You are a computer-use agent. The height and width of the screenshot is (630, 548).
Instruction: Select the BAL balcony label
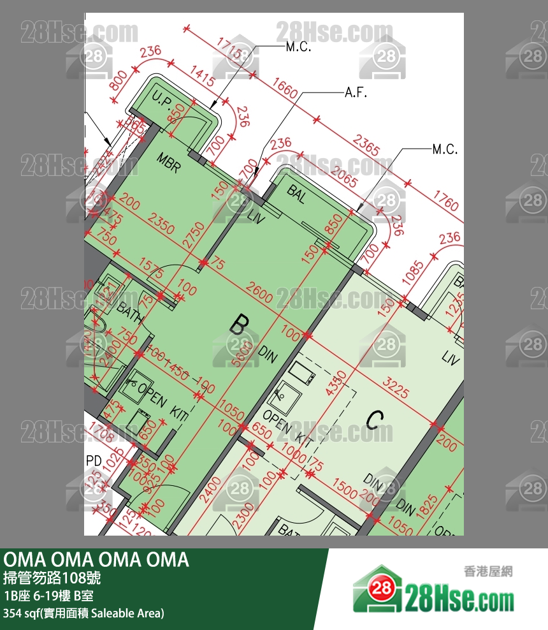pyautogui.click(x=296, y=194)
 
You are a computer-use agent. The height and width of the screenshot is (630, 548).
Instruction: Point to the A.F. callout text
pyautogui.click(x=357, y=93)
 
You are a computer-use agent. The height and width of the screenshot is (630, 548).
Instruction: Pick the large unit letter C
pyautogui.click(x=375, y=420)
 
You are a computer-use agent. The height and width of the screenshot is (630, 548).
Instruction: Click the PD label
pyautogui.click(x=94, y=460)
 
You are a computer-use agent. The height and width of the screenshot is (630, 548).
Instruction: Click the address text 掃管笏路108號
pyautogui.click(x=51, y=579)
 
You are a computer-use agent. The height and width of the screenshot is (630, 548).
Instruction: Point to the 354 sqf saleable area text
pyautogui.click(x=83, y=613)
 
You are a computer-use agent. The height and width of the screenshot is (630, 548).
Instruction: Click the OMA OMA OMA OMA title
pyautogui.click(x=96, y=559)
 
